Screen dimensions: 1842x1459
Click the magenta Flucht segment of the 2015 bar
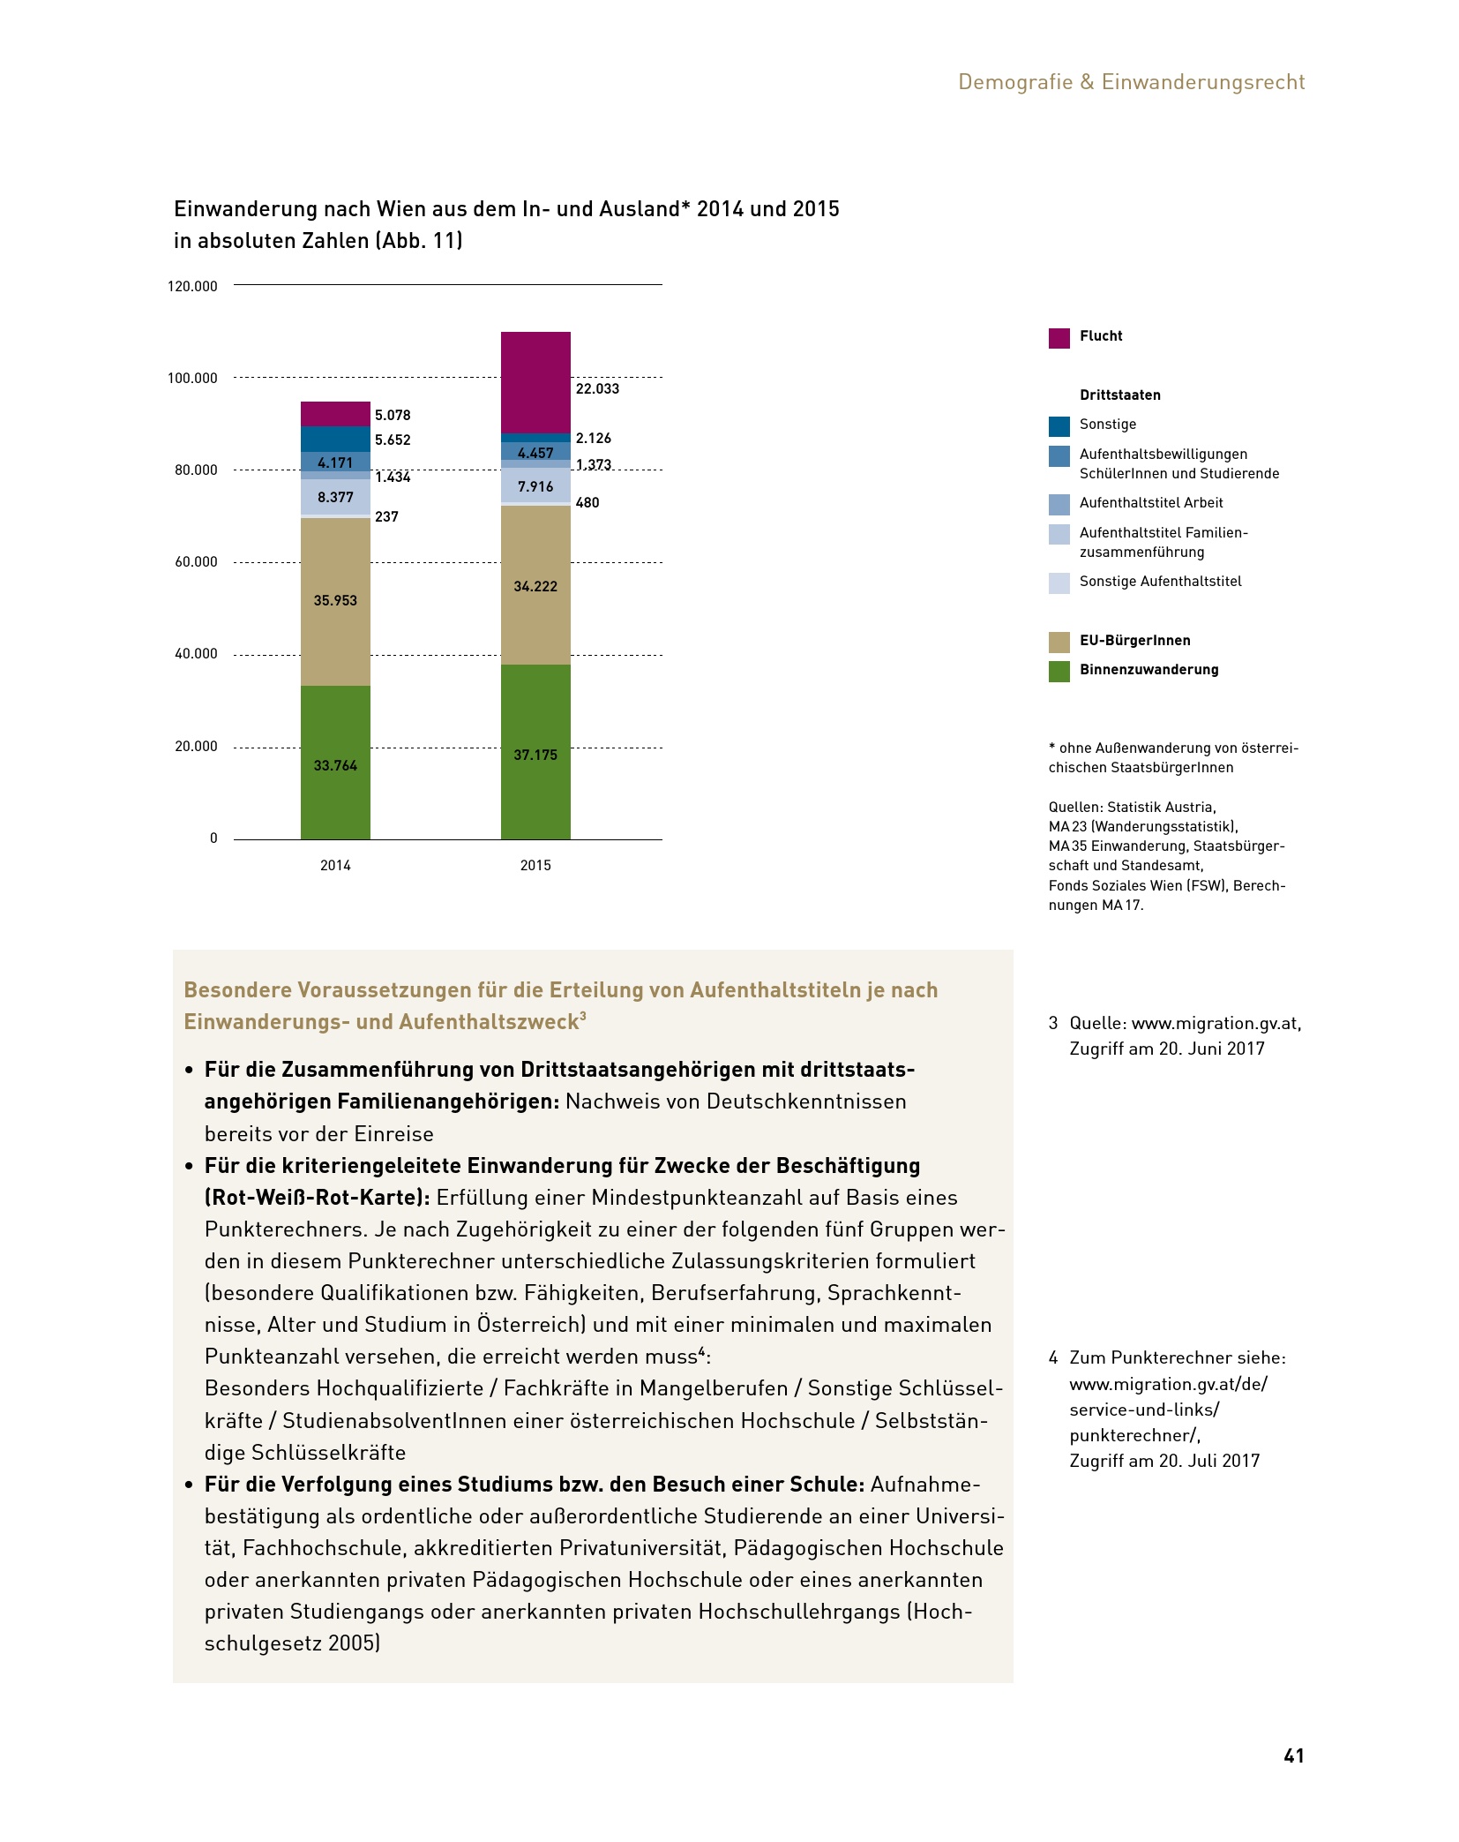pyautogui.click(x=535, y=382)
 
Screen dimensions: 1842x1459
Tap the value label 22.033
pyautogui.click(x=597, y=389)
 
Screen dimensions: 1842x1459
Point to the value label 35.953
pyautogui.click(x=335, y=601)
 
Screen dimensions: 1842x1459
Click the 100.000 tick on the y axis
pyautogui.click(x=192, y=379)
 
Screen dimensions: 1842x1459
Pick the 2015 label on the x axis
pyautogui.click(x=535, y=866)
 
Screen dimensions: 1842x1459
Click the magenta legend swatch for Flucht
pyautogui.click(x=1059, y=338)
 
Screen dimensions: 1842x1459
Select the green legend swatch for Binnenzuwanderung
pyautogui.click(x=1059, y=672)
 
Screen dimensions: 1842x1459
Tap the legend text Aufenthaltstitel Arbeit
pyautogui.click(x=1150, y=503)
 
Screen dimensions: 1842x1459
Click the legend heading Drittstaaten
pyautogui.click(x=1119, y=395)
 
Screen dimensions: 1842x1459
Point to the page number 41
pyautogui.click(x=1293, y=1756)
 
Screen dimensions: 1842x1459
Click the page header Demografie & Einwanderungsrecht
pyautogui.click(x=1131, y=82)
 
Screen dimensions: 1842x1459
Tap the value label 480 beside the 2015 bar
pyautogui.click(x=587, y=503)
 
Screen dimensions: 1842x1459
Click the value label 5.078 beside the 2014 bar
pyautogui.click(x=393, y=416)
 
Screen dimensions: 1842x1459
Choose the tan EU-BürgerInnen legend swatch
pyautogui.click(x=1059, y=642)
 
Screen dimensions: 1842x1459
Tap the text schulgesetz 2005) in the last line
pyautogui.click(x=292, y=1643)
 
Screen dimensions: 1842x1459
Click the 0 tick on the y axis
pyautogui.click(x=213, y=838)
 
